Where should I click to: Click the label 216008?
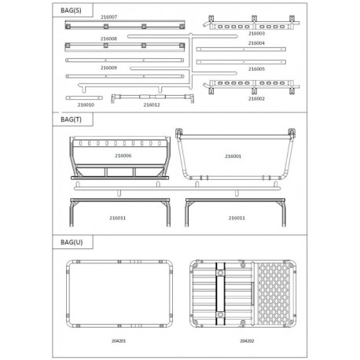[108, 38]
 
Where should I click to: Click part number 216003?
[255, 34]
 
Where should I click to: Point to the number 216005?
[255, 69]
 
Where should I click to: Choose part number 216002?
[255, 98]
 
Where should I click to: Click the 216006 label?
[123, 156]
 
